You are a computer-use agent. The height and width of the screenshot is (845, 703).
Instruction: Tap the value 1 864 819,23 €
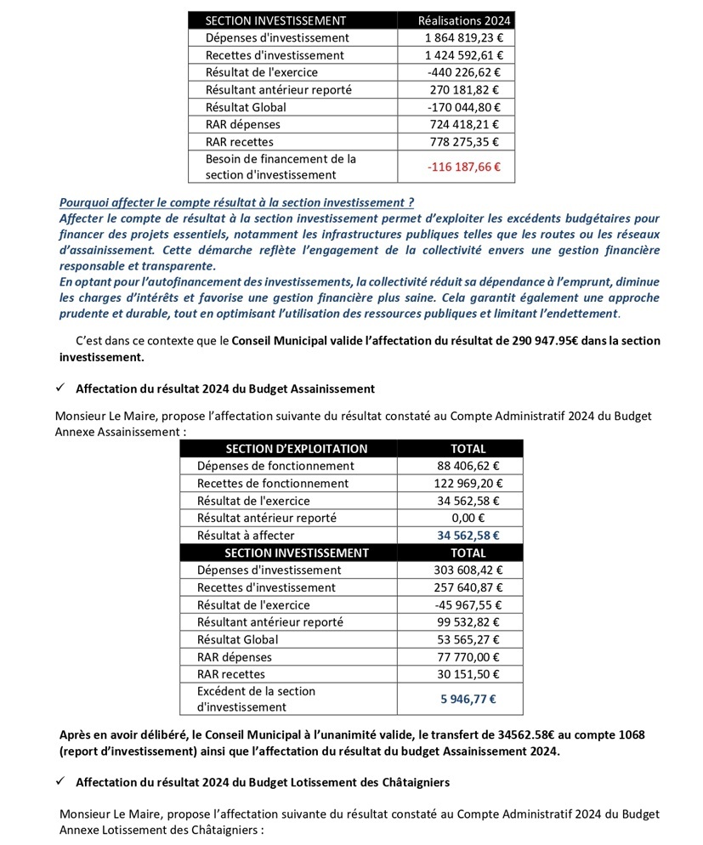click(463, 38)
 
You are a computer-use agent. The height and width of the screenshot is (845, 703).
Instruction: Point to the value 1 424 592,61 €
click(463, 55)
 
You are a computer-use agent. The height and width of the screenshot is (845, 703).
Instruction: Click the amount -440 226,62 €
click(463, 72)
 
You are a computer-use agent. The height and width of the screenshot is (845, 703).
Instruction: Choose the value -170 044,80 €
click(463, 107)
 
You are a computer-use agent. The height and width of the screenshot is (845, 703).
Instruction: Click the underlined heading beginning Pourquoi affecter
click(236, 202)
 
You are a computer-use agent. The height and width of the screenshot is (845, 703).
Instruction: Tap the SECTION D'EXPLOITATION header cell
click(296, 449)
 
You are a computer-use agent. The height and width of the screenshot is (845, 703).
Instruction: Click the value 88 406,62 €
click(468, 466)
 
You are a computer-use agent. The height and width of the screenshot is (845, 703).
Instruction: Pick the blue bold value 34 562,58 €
click(468, 536)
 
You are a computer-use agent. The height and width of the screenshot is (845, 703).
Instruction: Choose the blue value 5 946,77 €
click(468, 700)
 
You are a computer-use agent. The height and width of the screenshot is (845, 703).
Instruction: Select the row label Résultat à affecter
click(246, 536)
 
